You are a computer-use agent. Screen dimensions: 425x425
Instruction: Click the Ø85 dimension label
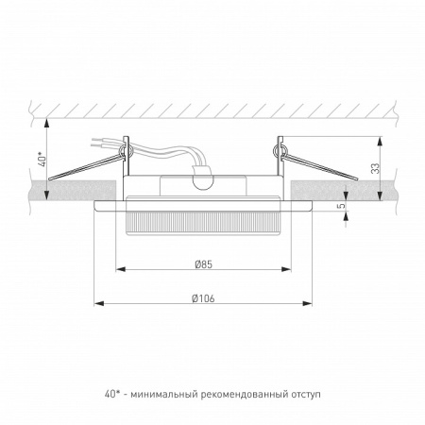click(202, 264)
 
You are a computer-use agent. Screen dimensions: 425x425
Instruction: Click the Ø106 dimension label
click(202, 298)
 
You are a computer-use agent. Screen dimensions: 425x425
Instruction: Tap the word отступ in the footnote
click(307, 392)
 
